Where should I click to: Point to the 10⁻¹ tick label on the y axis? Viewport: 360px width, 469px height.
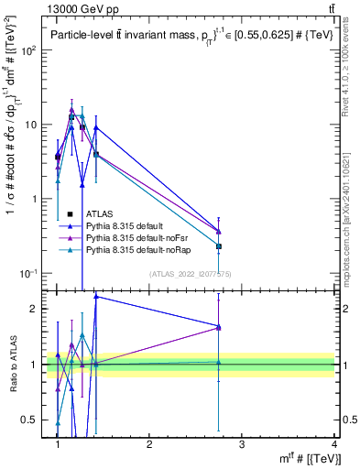tap(29, 273)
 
